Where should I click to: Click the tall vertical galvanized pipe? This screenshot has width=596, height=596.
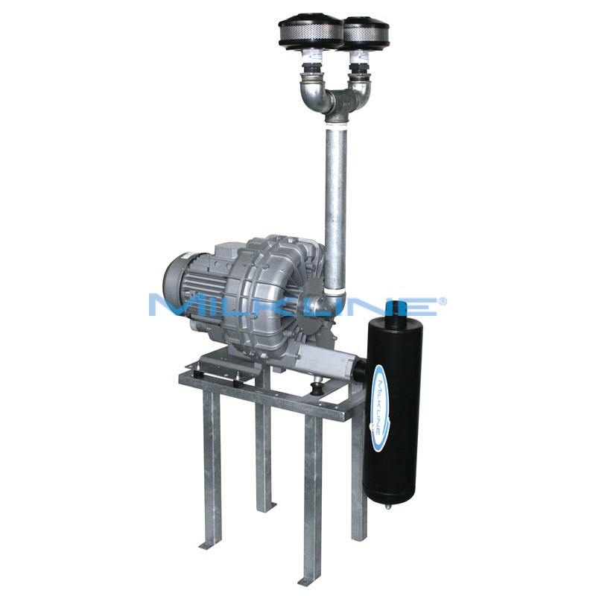point(336,194)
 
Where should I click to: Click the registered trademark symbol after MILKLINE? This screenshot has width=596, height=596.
point(443,301)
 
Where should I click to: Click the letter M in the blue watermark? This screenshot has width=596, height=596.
point(168,305)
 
